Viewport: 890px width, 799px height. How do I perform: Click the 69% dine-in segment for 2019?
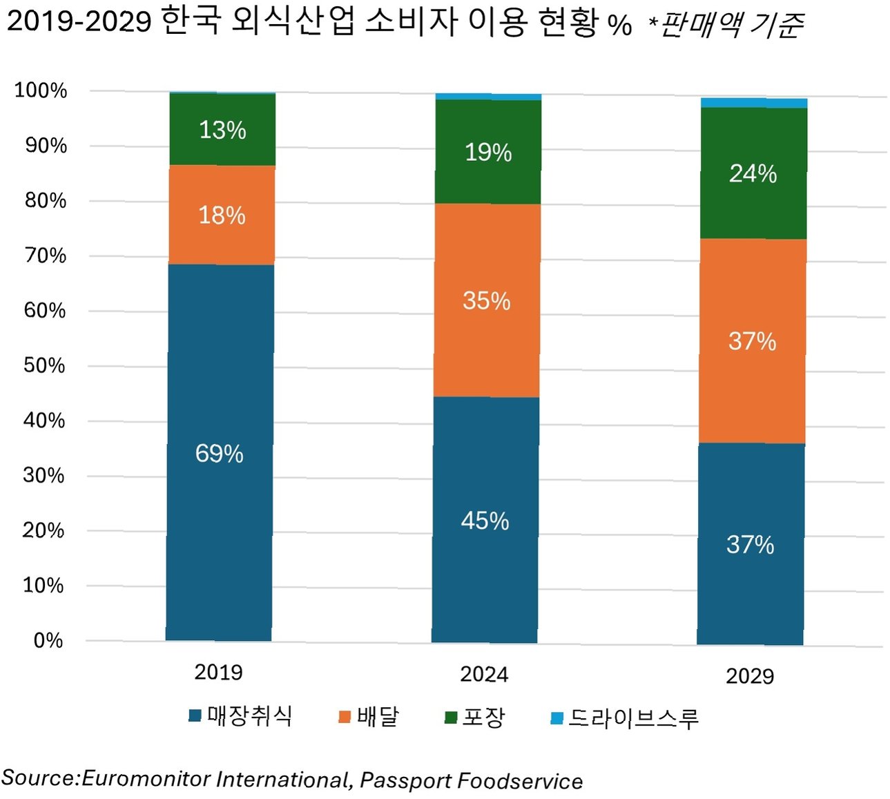(220, 452)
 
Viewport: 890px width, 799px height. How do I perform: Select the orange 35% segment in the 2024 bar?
(487, 300)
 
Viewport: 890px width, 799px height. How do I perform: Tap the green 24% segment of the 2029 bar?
(753, 173)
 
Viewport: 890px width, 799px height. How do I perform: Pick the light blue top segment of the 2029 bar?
(754, 103)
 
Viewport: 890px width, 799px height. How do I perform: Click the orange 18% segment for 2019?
(222, 215)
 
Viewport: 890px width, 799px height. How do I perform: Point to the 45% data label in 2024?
(485, 521)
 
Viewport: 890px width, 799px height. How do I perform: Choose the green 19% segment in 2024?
(487, 152)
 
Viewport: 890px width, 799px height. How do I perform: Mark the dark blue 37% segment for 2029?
(751, 544)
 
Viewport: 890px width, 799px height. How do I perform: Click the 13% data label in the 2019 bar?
(223, 130)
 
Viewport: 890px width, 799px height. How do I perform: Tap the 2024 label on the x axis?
(484, 674)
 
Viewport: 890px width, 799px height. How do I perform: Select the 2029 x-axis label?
(750, 676)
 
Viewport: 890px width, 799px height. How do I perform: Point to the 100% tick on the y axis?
(41, 90)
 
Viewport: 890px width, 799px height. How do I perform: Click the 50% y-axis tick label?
(44, 365)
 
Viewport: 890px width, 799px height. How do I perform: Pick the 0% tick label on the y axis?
(48, 640)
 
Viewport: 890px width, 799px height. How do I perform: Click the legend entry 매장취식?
(240, 716)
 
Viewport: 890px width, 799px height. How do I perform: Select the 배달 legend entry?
(368, 716)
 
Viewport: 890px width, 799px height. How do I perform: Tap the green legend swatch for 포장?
(451, 718)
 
